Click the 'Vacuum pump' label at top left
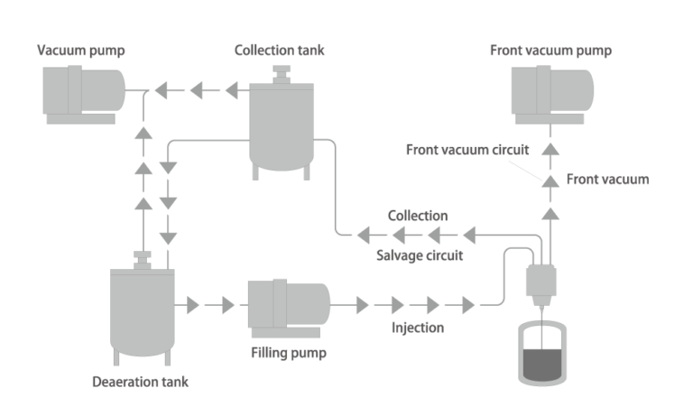pyautogui.click(x=80, y=51)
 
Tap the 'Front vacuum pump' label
pyautogui.click(x=550, y=51)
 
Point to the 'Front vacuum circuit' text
pyautogui.click(x=467, y=150)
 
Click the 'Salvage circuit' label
pyautogui.click(x=419, y=256)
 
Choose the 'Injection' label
pyautogui.click(x=417, y=327)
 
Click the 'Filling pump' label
pyautogui.click(x=287, y=353)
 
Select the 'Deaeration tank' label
pyautogui.click(x=141, y=382)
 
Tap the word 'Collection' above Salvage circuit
pyautogui.click(x=417, y=217)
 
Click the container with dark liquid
pyautogui.click(x=541, y=356)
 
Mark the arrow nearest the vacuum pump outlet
pyautogui.click(x=159, y=90)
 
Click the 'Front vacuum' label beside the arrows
pyautogui.click(x=606, y=180)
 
